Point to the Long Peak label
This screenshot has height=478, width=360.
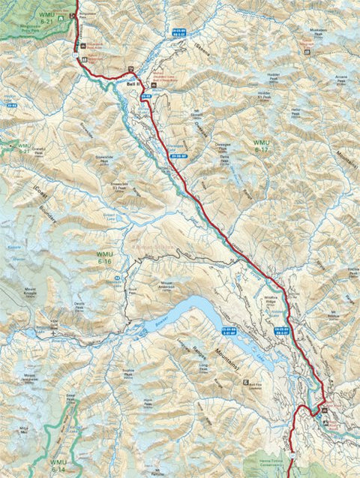click(x=204, y=367)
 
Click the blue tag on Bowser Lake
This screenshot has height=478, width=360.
click(x=228, y=332)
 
